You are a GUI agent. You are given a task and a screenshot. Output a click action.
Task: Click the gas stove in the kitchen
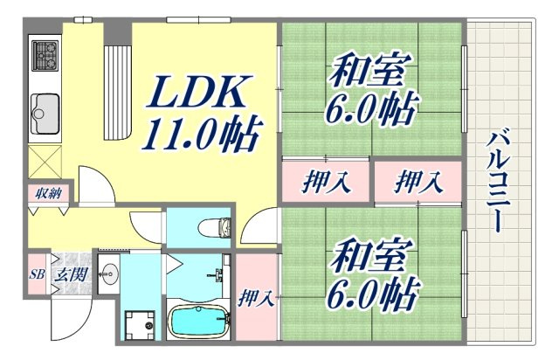[45, 54]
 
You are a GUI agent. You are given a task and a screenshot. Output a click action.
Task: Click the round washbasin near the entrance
[109, 272]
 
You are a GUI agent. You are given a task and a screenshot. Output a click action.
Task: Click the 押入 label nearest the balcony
[418, 183]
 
